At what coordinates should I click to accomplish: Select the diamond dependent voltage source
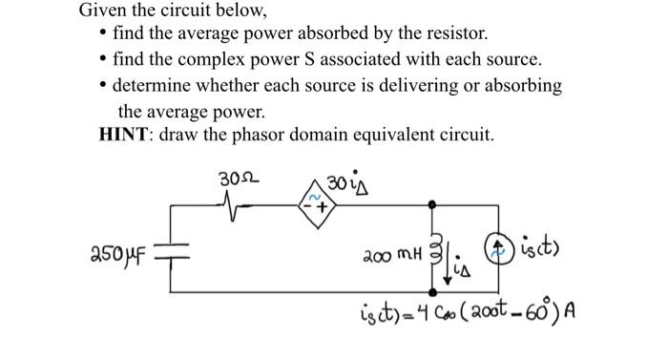click(315, 203)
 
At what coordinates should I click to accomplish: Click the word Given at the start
click(101, 11)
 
